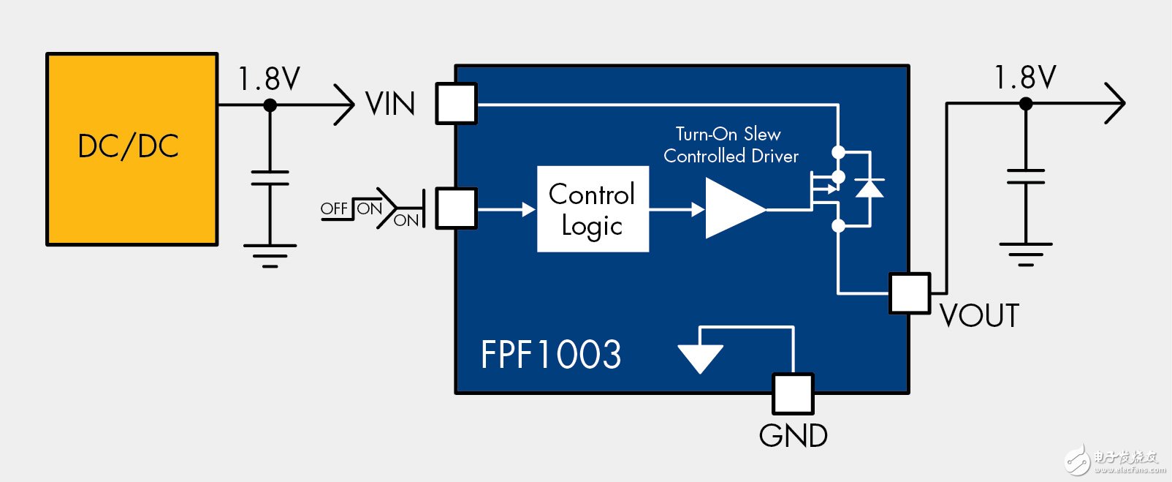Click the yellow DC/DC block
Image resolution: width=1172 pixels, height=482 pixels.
click(132, 148)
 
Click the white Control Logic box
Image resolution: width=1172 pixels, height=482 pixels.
click(593, 209)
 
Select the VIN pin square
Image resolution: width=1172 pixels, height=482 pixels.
click(456, 103)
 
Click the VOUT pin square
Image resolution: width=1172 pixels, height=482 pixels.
click(910, 293)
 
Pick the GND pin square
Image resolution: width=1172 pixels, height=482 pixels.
click(793, 393)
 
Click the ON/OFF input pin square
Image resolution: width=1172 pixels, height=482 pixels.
click(456, 208)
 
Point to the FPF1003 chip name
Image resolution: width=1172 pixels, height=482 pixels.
click(551, 355)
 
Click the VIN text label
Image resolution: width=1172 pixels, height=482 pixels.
click(390, 104)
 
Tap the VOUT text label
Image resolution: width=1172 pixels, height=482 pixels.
click(979, 316)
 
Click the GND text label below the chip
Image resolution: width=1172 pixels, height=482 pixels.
click(793, 436)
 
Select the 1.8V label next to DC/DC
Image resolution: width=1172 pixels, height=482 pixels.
click(269, 79)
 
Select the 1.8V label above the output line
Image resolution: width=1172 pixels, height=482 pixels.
click(1025, 78)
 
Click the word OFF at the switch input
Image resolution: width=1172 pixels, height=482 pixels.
click(334, 208)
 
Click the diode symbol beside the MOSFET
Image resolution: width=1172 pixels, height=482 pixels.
click(869, 188)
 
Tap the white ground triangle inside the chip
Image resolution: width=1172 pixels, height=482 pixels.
click(700, 357)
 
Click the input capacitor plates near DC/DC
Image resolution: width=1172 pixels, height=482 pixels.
click(270, 178)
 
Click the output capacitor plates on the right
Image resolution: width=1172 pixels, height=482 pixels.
click(1025, 176)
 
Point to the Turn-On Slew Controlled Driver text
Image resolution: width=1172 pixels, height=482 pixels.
click(730, 145)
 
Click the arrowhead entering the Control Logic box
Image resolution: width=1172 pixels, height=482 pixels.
click(528, 209)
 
